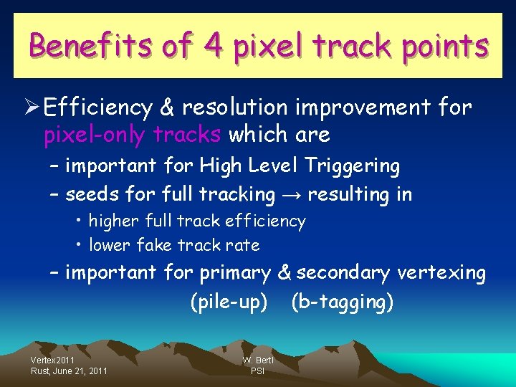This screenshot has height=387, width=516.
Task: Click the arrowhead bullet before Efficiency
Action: click(31, 108)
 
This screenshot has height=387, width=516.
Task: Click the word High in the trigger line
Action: click(221, 166)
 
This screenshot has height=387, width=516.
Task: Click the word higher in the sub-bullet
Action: click(114, 221)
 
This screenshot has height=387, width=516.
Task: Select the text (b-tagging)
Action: click(343, 302)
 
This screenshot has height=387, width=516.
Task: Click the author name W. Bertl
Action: click(257, 360)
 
